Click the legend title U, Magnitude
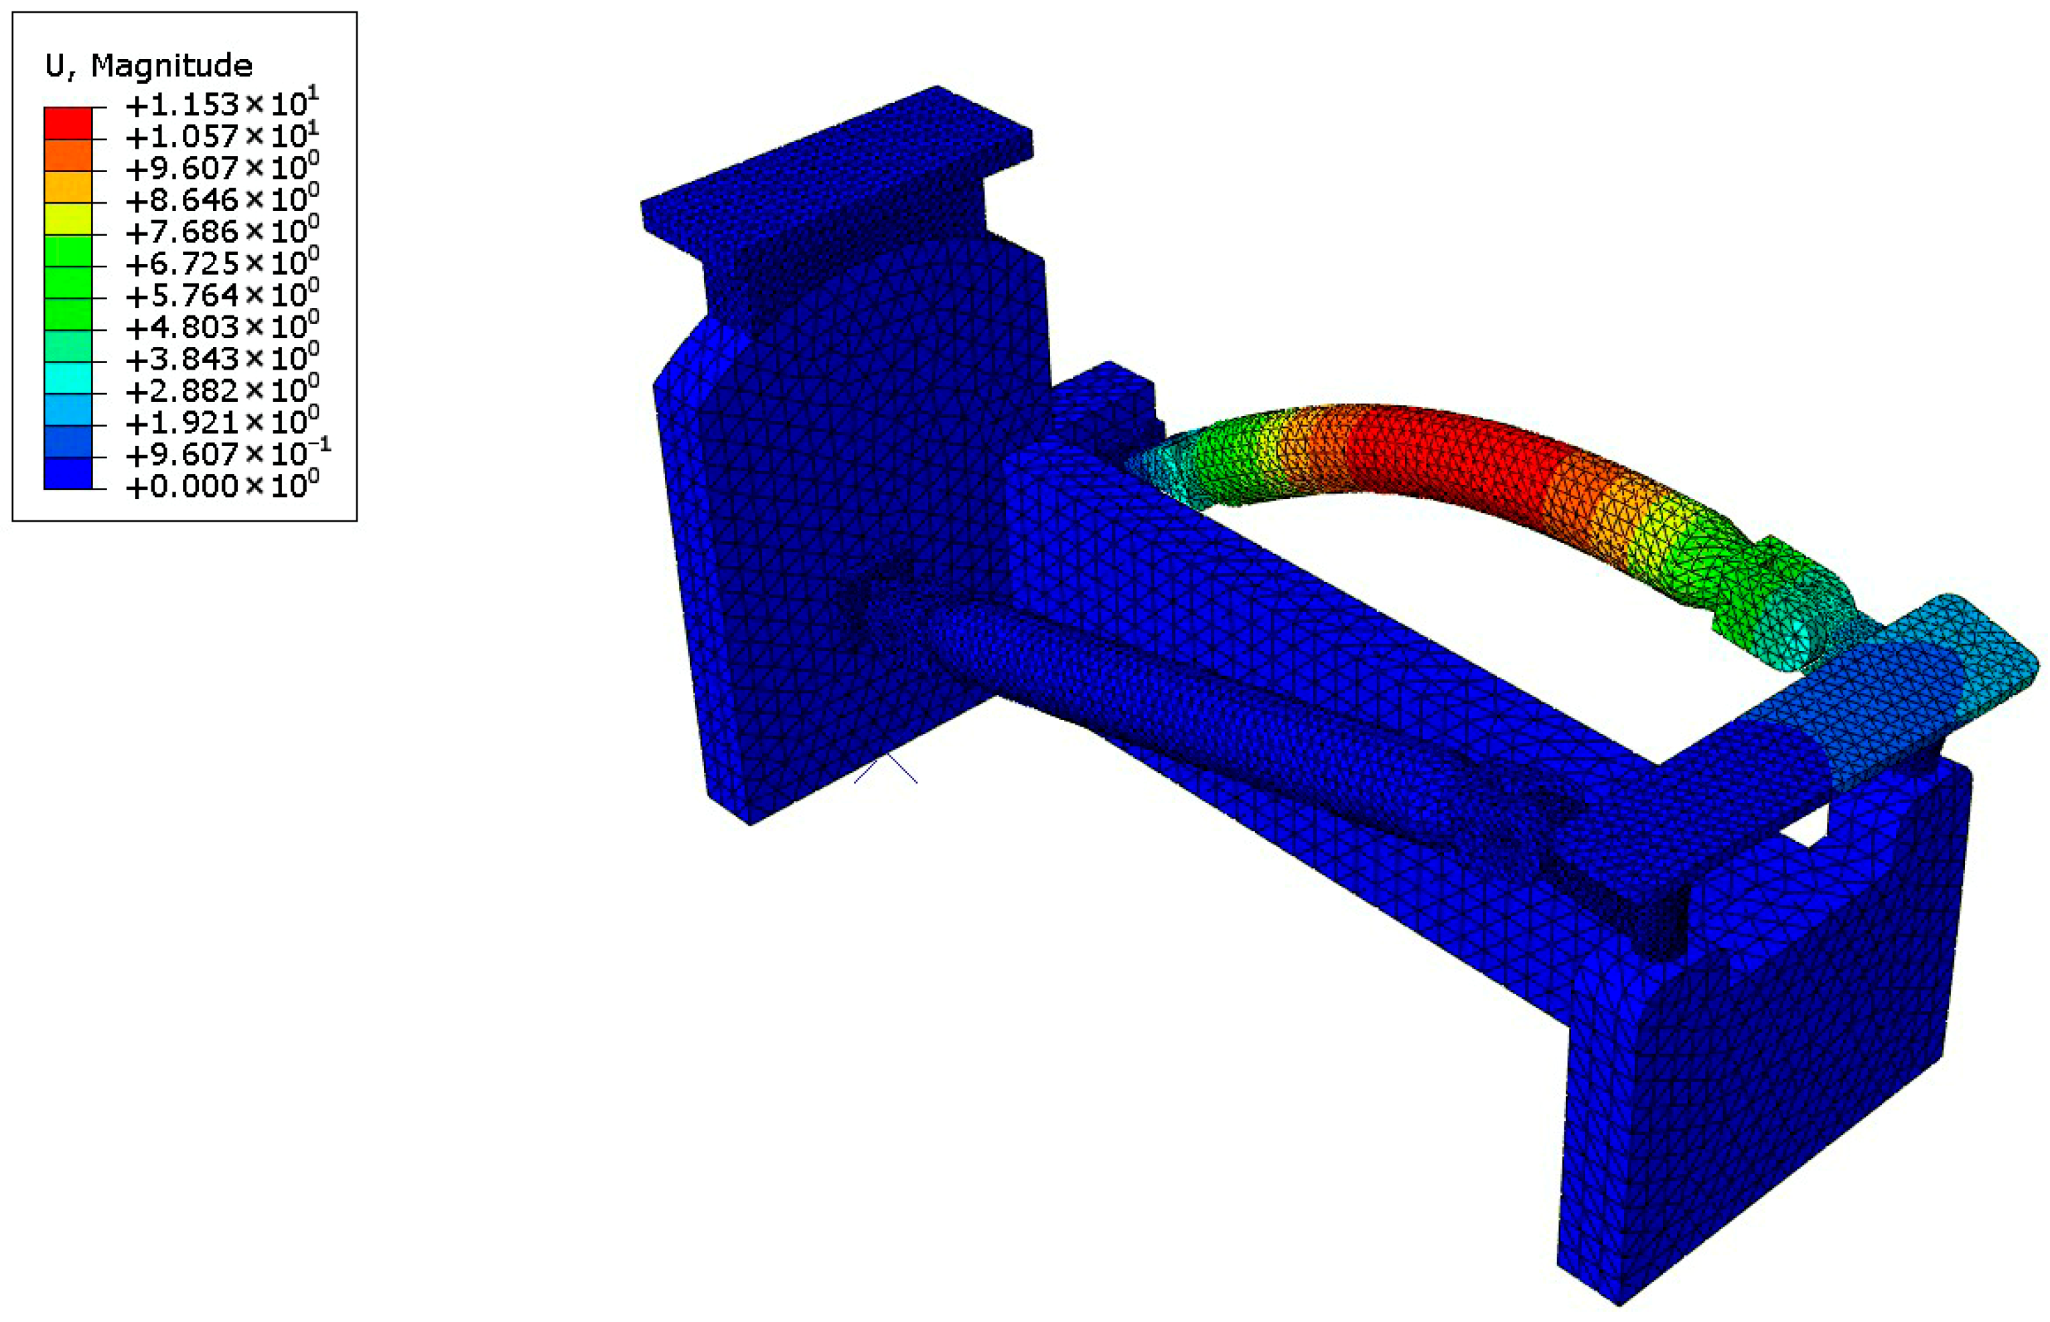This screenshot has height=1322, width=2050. tap(149, 65)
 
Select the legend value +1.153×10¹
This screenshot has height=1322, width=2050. tap(222, 104)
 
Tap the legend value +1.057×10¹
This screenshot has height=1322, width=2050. tap(222, 136)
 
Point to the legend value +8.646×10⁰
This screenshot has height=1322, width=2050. tap(222, 199)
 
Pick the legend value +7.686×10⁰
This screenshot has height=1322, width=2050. tap(222, 231)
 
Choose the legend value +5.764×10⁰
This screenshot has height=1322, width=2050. tap(222, 295)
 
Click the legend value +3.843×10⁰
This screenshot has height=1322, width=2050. tap(222, 358)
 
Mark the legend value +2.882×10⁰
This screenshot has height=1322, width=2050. tap(222, 390)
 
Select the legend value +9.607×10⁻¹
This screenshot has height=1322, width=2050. tap(228, 453)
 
